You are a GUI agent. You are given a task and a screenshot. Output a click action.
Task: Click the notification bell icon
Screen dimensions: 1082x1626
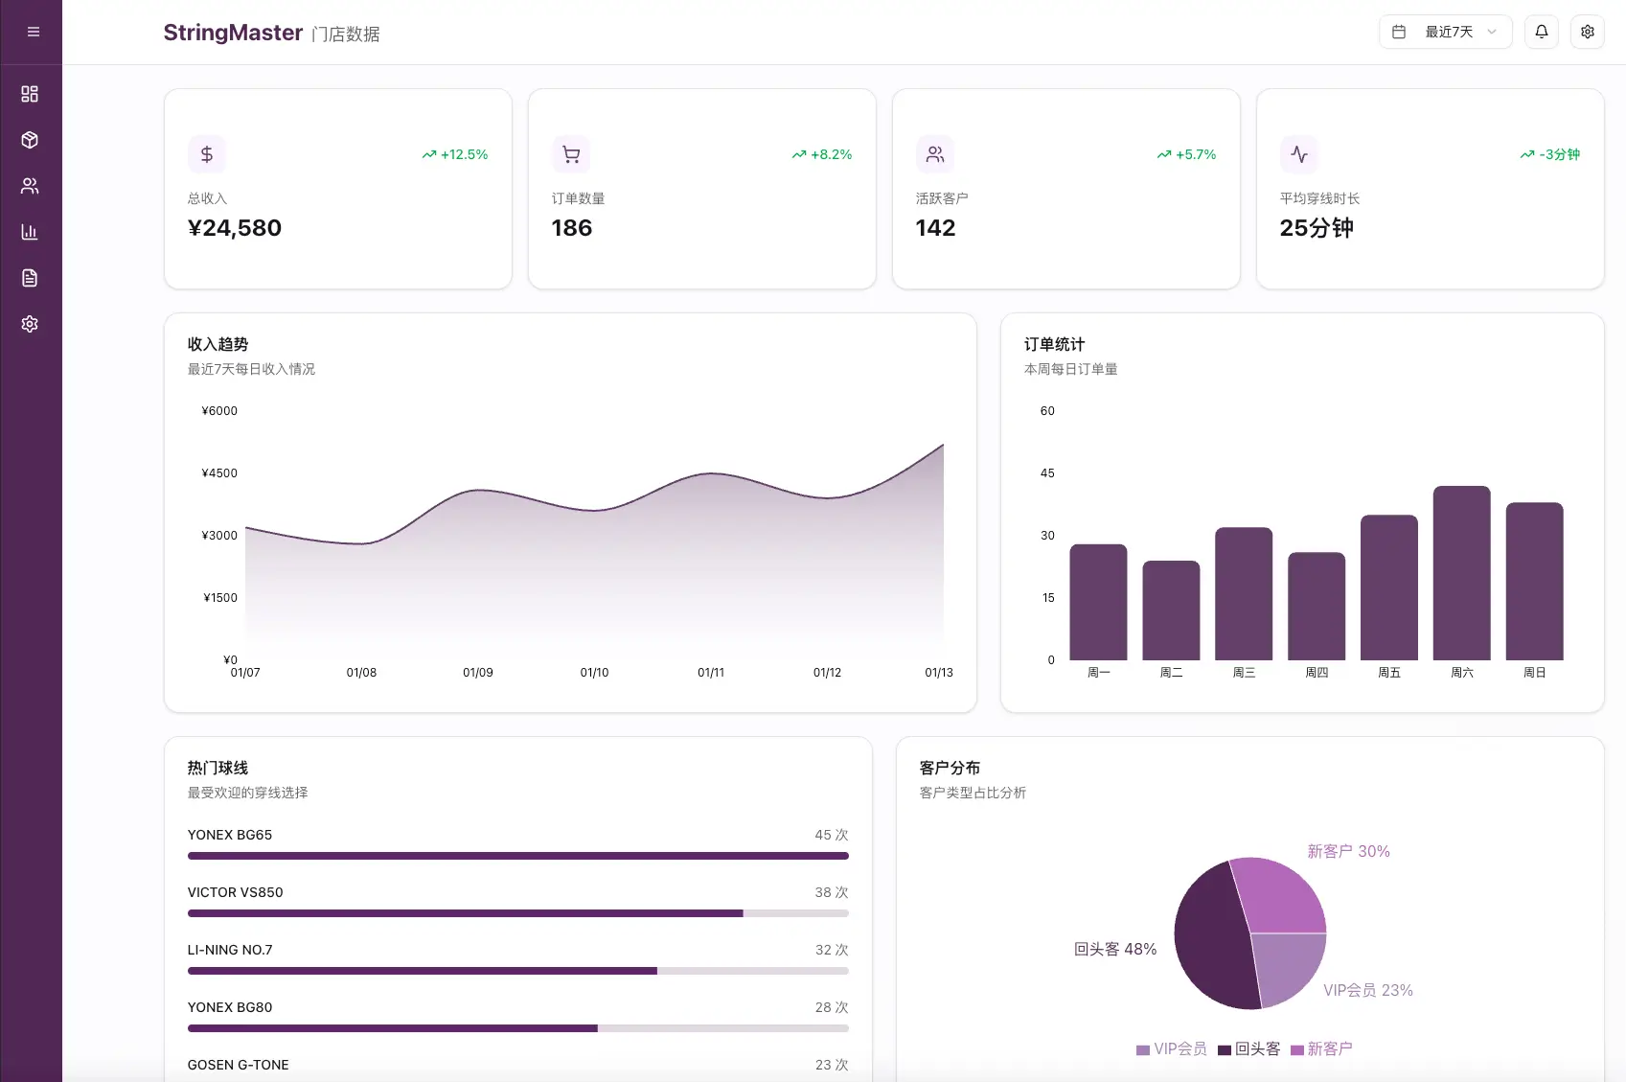click(x=1541, y=32)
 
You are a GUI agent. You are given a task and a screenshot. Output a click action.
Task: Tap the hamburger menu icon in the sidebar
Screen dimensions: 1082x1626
click(x=33, y=32)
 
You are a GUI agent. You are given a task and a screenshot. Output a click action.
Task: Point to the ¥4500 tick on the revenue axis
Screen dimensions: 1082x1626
click(x=219, y=473)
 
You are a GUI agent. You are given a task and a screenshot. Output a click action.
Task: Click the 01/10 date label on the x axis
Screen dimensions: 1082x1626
click(x=594, y=673)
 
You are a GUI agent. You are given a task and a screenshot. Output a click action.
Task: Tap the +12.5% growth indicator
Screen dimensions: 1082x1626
click(x=455, y=154)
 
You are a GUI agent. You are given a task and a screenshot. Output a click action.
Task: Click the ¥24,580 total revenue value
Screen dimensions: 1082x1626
click(x=235, y=228)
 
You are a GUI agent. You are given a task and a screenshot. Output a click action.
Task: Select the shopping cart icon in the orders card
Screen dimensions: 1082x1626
click(x=571, y=154)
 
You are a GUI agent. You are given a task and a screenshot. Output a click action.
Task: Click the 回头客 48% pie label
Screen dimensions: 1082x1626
click(x=1115, y=949)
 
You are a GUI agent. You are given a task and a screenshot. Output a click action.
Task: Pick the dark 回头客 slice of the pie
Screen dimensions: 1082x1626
click(x=1209, y=939)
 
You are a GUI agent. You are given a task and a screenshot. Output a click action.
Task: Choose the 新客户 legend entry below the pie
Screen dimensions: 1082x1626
click(x=1321, y=1049)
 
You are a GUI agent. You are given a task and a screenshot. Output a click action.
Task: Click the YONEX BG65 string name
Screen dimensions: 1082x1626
click(x=230, y=835)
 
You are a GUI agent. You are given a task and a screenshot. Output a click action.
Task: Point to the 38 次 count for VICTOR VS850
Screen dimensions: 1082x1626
click(x=831, y=892)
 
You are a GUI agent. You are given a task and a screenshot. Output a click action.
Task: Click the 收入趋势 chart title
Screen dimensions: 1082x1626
click(x=218, y=344)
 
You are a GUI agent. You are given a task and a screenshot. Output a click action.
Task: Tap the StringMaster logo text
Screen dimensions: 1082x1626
click(x=233, y=33)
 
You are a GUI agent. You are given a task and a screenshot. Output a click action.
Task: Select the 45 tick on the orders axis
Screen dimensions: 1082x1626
click(x=1047, y=473)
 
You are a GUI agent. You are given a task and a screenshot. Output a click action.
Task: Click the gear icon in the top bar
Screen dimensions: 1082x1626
click(x=1587, y=32)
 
